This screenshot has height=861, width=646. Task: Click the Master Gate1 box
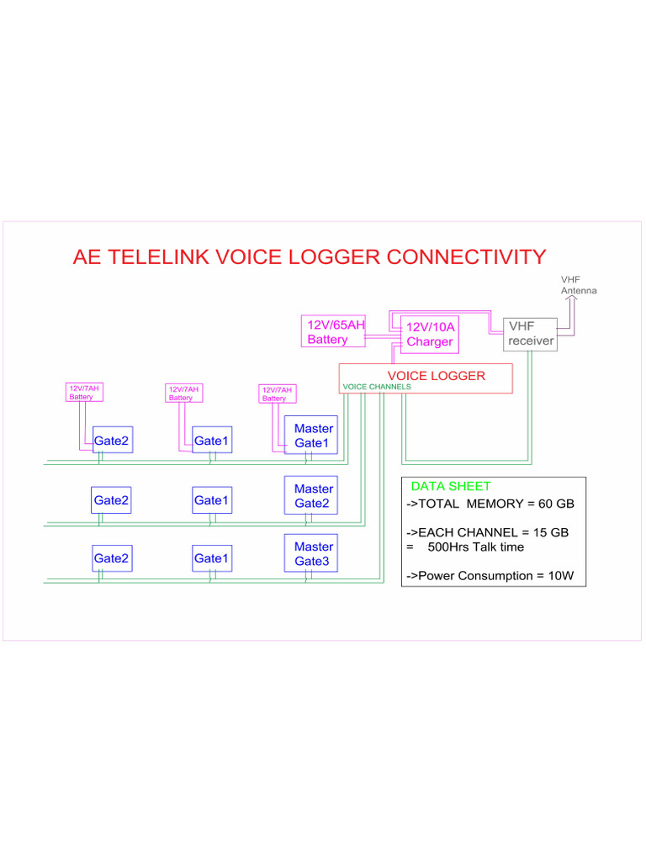310,436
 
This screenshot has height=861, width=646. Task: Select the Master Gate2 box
310,496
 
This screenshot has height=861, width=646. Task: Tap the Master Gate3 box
310,554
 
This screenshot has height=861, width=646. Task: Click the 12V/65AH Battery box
333,332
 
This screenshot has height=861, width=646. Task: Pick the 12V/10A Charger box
430,334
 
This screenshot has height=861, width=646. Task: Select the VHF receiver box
530,334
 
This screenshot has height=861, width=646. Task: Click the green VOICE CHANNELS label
377,387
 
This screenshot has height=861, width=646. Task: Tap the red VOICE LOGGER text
436,376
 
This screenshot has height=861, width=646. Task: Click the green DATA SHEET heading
450,486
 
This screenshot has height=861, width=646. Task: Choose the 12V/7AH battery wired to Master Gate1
277,394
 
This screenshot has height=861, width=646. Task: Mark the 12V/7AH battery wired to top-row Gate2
83,393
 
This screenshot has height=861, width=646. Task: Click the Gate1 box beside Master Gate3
212,558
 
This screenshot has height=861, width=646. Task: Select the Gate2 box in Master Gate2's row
111,500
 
